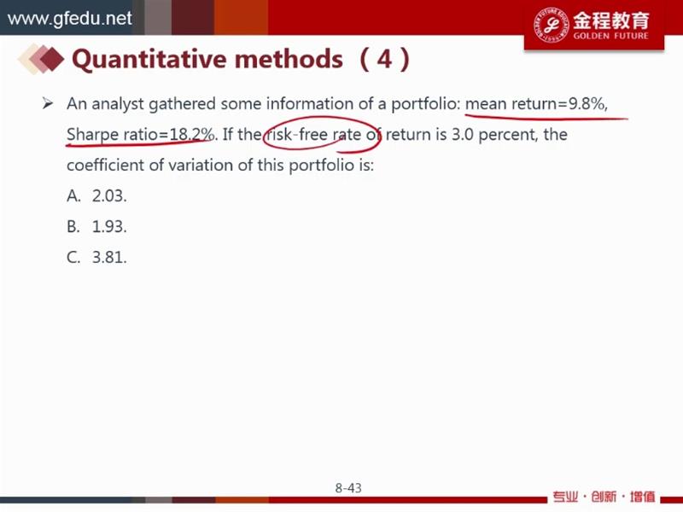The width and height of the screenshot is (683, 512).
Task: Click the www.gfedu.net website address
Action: [x=70, y=18]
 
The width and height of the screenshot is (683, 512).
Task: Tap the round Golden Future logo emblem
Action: [x=551, y=25]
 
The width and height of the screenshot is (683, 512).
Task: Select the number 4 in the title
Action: [x=384, y=59]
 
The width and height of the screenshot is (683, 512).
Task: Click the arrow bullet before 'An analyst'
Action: [x=48, y=103]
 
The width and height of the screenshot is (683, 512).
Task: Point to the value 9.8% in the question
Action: [x=587, y=103]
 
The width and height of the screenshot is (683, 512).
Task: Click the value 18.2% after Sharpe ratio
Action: [x=191, y=134]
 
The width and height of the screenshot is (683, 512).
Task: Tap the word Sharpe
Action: [x=92, y=135]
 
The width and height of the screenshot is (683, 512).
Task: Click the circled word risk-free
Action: [x=297, y=134]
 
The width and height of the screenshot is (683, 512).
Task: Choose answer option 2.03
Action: [x=109, y=196]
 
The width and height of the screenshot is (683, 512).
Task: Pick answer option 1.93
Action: [x=109, y=226]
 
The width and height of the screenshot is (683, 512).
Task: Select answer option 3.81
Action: [x=109, y=258]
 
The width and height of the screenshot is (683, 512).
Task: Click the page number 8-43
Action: [x=348, y=488]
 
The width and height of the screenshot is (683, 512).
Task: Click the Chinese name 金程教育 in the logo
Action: [x=610, y=20]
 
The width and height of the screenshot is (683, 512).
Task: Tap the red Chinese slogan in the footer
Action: [x=604, y=497]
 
